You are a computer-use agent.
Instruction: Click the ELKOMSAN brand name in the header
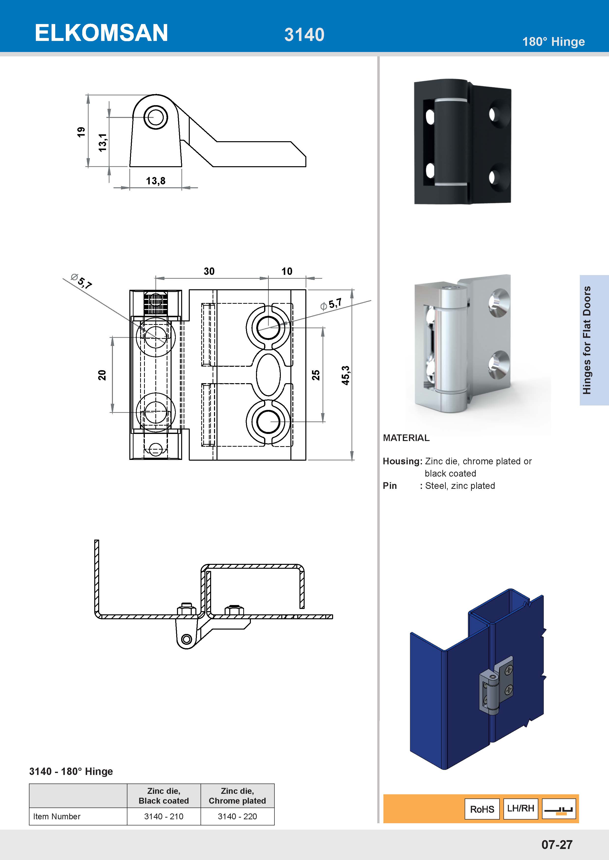tap(101, 33)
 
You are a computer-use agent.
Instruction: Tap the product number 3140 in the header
tap(304, 35)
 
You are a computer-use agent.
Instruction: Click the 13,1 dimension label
tap(102, 142)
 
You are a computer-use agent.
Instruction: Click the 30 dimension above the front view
tap(209, 271)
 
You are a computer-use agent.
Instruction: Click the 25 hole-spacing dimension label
tap(316, 375)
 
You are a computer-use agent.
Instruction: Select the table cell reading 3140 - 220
tap(237, 816)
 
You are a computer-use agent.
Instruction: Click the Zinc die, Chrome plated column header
tap(237, 796)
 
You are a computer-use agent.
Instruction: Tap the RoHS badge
tap(482, 809)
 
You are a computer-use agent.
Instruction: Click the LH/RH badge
tap(520, 808)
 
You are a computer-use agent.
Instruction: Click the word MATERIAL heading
tap(406, 438)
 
